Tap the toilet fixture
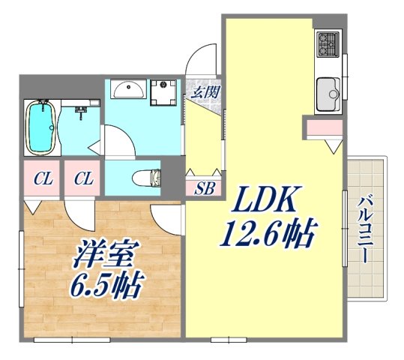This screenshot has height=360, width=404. pyautogui.click(x=148, y=178)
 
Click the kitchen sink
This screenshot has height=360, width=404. pyautogui.click(x=328, y=93)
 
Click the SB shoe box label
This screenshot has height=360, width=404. pyautogui.click(x=204, y=188)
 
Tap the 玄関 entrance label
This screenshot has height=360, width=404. pyautogui.click(x=205, y=93)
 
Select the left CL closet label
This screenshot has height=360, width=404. pyautogui.click(x=42, y=180)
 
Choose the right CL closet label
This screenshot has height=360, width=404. pyautogui.click(x=83, y=180)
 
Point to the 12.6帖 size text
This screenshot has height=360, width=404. pyautogui.click(x=267, y=235)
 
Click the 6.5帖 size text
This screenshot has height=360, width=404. pyautogui.click(x=106, y=285)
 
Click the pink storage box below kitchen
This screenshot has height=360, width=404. pyautogui.click(x=323, y=128)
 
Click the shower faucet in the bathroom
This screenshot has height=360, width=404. pyautogui.click(x=80, y=112)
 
